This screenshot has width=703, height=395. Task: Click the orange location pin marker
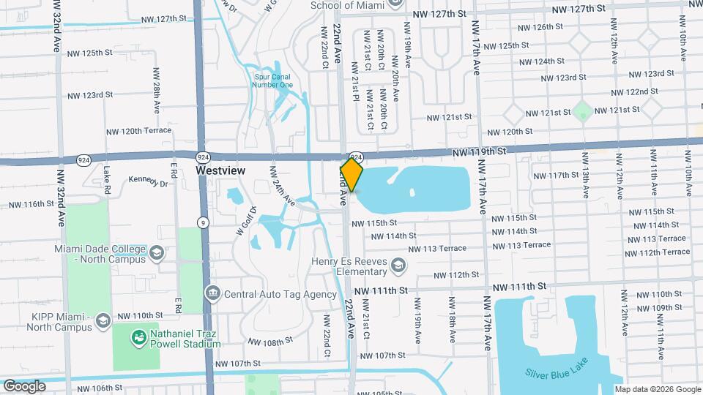click(351, 175)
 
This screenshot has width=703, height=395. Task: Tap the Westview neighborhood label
click(220, 170)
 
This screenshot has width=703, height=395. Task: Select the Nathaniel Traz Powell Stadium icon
click(138, 337)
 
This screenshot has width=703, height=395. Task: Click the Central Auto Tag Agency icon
click(212, 294)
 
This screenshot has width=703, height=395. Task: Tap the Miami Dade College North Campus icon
click(156, 253)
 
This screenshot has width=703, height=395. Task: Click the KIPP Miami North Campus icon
click(103, 320)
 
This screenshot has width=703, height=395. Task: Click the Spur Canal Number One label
click(272, 80)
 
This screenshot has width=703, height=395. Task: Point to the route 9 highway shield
click(203, 222)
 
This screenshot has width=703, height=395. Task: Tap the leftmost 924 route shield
click(83, 159)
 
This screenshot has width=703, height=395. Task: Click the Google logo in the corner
click(24, 385)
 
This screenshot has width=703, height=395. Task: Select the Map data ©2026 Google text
click(657, 389)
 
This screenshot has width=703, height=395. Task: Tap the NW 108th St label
click(269, 342)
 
